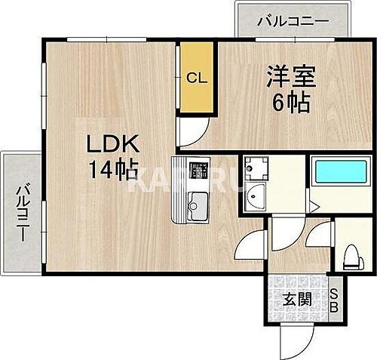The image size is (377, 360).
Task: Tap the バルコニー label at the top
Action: click(293, 20)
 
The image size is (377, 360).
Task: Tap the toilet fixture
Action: click(352, 255)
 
